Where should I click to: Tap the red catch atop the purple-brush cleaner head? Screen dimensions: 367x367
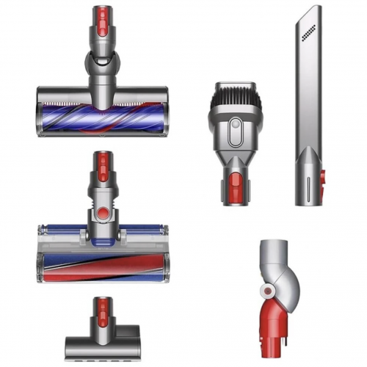(103, 17)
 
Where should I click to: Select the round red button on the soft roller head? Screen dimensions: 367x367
(103, 213)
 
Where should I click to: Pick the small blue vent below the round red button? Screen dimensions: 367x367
(103, 233)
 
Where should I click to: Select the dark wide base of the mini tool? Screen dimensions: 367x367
(103, 346)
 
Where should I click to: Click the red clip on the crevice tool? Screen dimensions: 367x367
(322, 180)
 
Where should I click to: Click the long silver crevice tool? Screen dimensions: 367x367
(309, 103)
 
